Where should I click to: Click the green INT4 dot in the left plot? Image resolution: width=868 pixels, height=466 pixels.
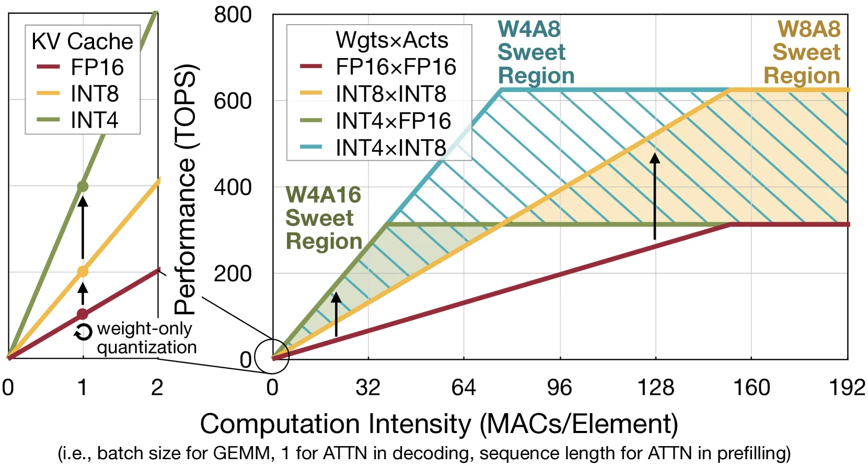(83, 187)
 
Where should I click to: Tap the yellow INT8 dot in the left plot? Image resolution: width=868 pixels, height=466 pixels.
(83, 272)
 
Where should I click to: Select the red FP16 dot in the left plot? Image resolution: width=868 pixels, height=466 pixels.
(83, 314)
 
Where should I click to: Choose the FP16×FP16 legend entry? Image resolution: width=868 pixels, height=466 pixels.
(378, 66)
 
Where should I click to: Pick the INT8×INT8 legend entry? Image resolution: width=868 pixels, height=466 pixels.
(373, 94)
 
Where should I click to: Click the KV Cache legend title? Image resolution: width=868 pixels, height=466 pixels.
(83, 41)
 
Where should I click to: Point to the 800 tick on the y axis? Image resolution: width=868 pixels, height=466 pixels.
(233, 16)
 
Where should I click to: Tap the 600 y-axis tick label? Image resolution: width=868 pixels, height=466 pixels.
(233, 101)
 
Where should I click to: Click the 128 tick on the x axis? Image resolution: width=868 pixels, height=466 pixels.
(656, 388)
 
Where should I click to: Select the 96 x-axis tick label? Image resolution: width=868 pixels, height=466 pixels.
(560, 388)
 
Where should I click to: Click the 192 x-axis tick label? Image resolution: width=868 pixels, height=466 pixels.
(847, 388)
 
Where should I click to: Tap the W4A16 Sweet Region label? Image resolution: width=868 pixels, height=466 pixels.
(324, 218)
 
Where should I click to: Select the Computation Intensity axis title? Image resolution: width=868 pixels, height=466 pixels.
(439, 424)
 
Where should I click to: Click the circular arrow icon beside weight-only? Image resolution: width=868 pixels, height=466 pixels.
(83, 332)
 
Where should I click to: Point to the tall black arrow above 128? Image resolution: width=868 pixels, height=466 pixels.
(655, 196)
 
